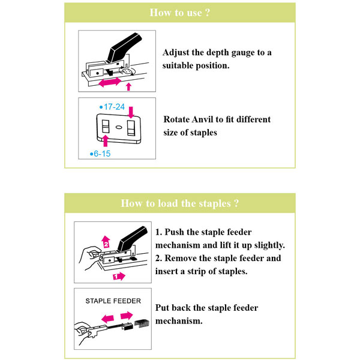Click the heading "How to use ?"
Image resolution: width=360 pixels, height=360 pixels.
point(180,13)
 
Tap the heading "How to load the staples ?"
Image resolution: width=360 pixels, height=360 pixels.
point(180,203)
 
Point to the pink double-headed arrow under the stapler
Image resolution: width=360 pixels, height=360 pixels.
point(110,82)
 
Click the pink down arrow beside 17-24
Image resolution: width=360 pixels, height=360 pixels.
point(131,112)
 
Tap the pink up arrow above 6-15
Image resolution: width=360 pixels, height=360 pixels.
point(106,141)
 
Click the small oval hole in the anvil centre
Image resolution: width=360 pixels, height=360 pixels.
point(118,127)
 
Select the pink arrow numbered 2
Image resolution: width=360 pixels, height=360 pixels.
point(106,242)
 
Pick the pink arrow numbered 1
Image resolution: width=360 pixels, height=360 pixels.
point(119,276)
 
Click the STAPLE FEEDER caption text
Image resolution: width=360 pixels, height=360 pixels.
point(113,301)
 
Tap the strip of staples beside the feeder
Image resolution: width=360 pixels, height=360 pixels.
point(142,323)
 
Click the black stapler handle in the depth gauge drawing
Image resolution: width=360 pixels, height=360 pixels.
point(125,47)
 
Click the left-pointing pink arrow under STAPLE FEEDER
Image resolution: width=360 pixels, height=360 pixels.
point(107,319)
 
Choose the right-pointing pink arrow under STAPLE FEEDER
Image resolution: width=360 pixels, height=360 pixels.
point(127,316)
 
